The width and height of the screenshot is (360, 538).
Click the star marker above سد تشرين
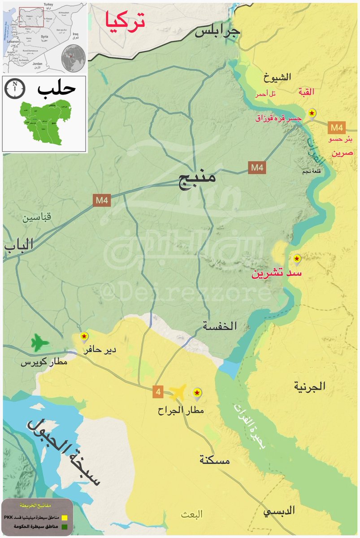click(296, 259)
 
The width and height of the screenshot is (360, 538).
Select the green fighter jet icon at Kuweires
click(40, 343)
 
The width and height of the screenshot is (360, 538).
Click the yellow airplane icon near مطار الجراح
click(178, 393)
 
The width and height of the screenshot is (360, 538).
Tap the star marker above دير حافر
click(84, 336)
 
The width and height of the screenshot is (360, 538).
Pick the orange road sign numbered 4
click(157, 391)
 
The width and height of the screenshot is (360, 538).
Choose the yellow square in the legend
click(64, 516)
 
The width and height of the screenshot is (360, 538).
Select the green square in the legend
click(64, 526)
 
